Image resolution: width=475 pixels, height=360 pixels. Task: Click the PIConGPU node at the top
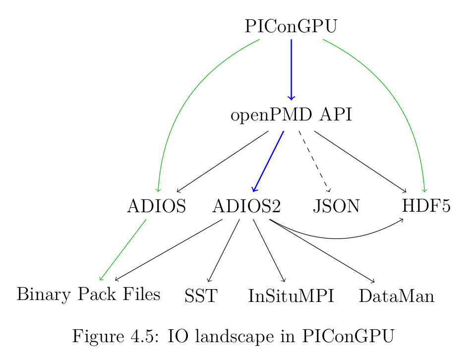click(x=291, y=26)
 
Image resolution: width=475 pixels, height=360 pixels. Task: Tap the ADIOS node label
click(x=156, y=206)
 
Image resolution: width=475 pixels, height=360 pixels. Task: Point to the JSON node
click(x=336, y=206)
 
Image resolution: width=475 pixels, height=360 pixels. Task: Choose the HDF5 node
click(x=426, y=206)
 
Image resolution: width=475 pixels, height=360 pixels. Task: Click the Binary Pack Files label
click(x=88, y=295)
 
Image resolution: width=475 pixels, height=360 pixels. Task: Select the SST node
click(x=201, y=297)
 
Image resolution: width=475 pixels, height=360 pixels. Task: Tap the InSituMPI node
click(x=291, y=297)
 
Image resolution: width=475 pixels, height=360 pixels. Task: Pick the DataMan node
click(x=396, y=297)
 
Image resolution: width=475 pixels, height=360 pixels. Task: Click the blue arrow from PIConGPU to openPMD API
click(x=291, y=69)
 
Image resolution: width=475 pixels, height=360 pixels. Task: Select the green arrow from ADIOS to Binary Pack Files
click(x=123, y=249)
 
